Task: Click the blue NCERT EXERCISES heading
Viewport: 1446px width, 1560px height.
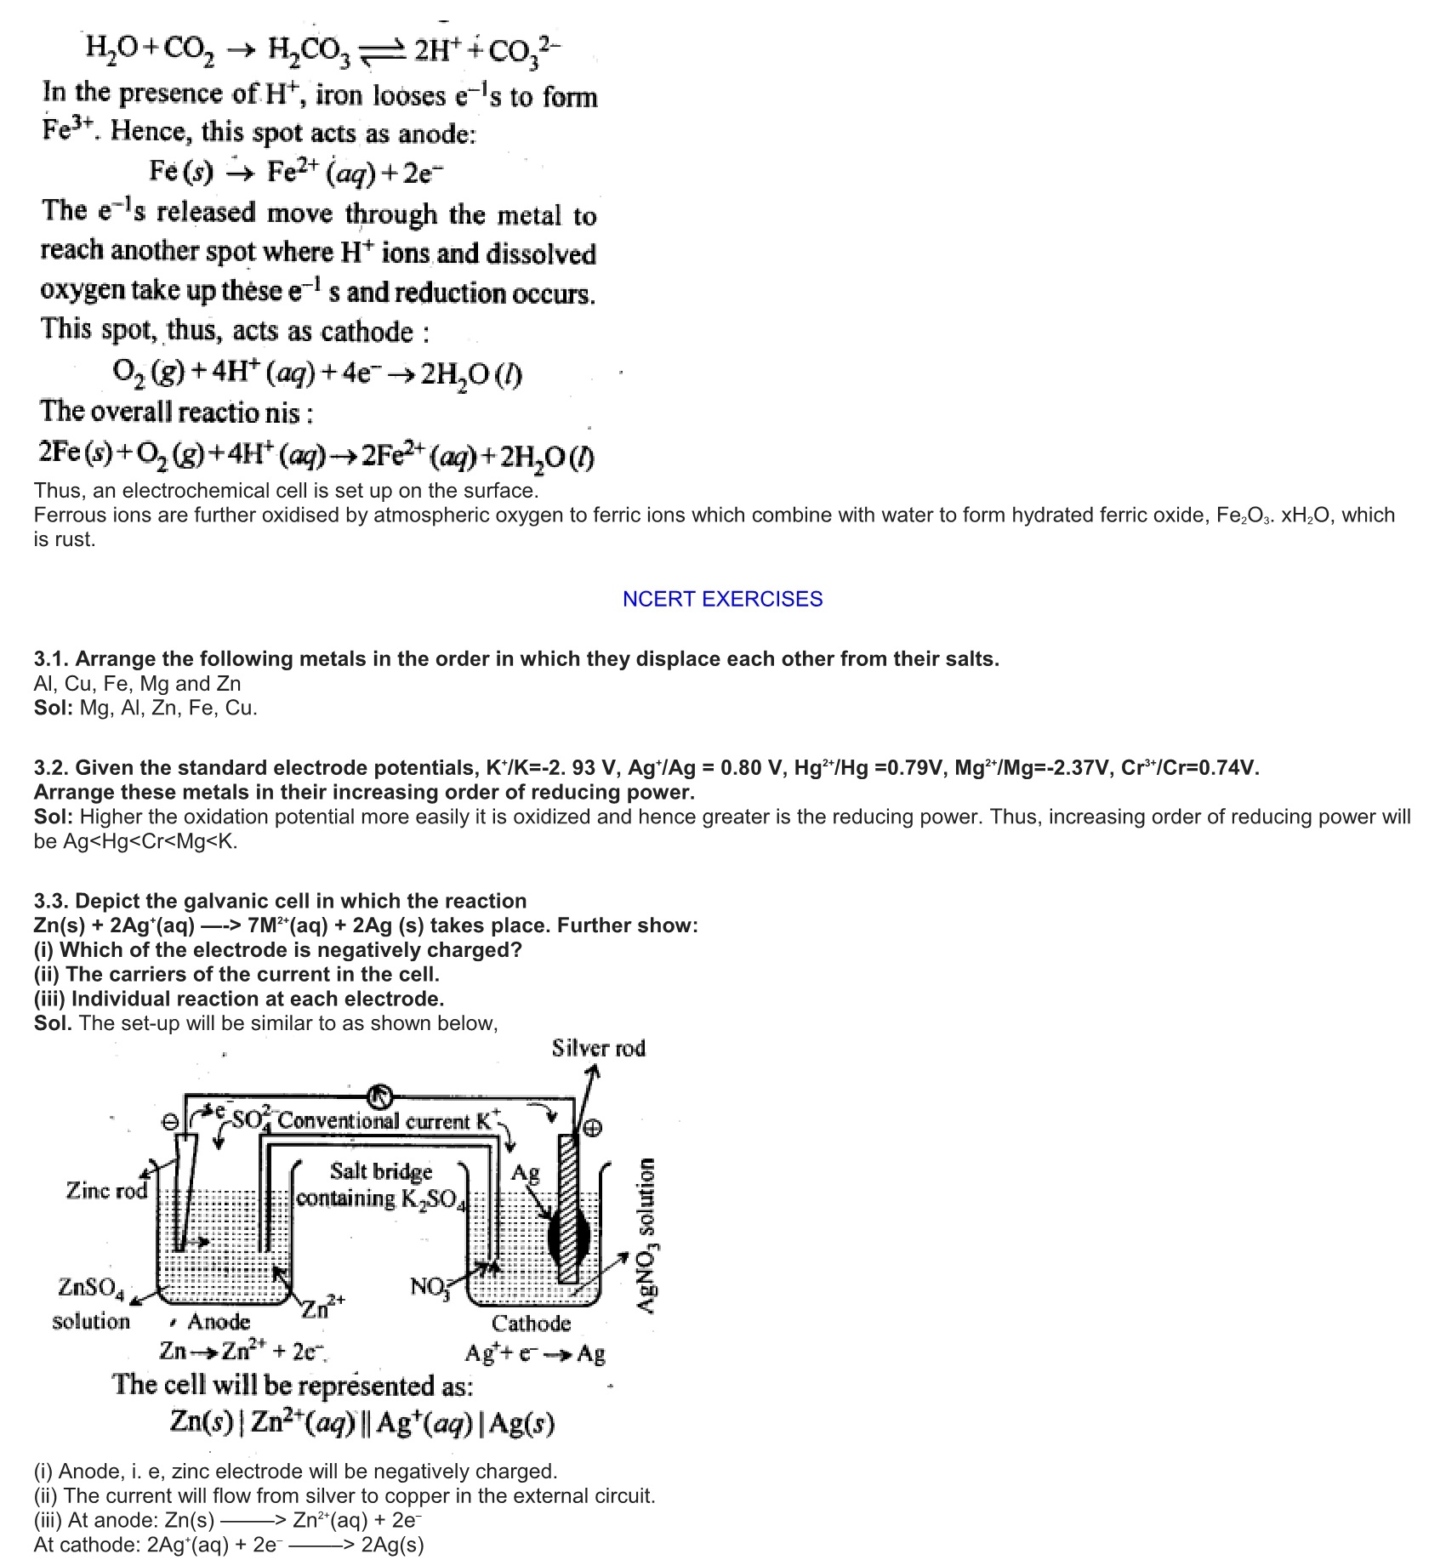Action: [x=722, y=599]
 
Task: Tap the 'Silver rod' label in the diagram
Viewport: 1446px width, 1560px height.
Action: [x=598, y=1048]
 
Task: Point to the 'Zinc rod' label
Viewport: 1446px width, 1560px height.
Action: [x=106, y=1191]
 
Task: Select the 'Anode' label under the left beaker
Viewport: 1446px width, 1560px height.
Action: [x=219, y=1322]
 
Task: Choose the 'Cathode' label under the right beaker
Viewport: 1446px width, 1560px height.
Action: [x=531, y=1323]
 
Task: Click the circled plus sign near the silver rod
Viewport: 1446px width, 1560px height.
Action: [x=593, y=1129]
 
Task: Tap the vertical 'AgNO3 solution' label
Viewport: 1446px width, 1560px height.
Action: [x=648, y=1237]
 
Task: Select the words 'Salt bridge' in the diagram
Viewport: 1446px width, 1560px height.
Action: [x=381, y=1171]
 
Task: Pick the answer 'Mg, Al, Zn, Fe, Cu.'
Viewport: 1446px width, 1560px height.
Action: [x=168, y=708]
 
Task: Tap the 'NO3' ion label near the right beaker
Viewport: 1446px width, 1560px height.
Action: [x=429, y=1286]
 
